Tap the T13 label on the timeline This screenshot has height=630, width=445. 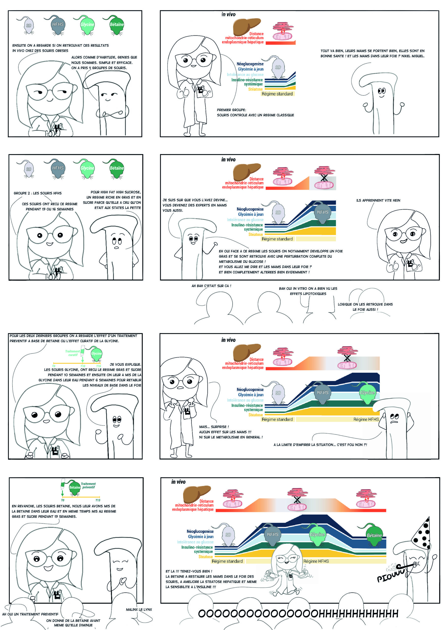(98, 500)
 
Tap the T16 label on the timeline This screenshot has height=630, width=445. (99, 366)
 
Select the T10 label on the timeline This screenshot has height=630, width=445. (83, 366)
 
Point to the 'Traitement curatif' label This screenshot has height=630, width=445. (73, 353)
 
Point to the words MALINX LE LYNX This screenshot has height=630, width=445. (139, 609)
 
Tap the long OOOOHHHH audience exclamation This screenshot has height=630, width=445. (298, 614)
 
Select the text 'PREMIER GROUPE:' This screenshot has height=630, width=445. (231, 110)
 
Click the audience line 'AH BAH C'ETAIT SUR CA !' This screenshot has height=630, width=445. (211, 286)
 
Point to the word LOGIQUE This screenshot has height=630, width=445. (345, 304)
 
